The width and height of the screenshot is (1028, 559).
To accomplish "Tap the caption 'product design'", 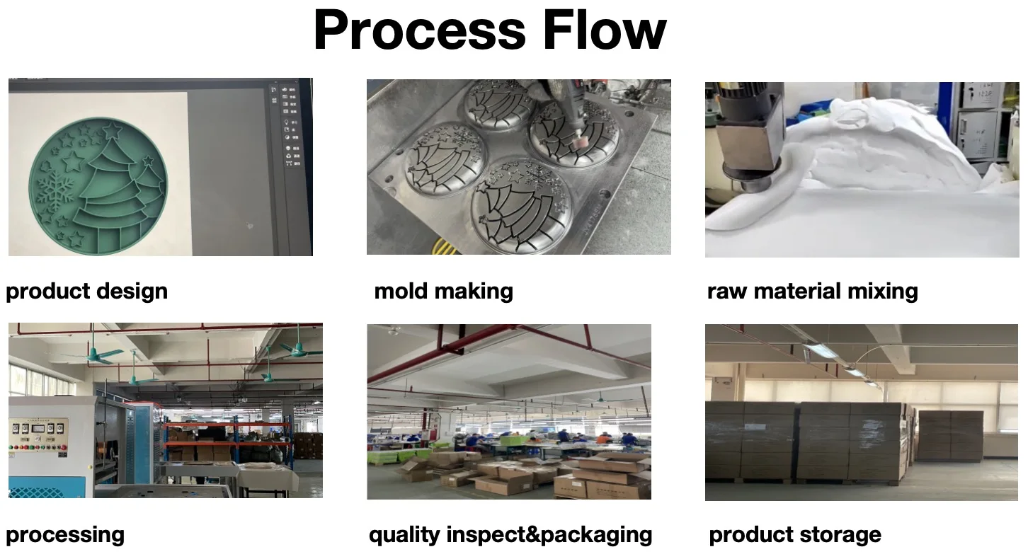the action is point(86,291).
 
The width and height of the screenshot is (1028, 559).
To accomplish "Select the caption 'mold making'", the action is point(443,291).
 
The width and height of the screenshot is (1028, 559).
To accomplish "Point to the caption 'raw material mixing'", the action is point(812,291).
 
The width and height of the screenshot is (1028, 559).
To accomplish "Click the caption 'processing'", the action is point(65,534).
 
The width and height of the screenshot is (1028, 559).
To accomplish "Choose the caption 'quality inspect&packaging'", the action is point(510,534).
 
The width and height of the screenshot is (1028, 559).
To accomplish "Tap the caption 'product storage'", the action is point(795,534).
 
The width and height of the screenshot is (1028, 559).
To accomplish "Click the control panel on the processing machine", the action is point(38,434).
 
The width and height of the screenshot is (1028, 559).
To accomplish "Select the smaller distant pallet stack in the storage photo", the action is point(949,435).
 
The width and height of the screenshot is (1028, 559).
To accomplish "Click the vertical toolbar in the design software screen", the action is point(289,127).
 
